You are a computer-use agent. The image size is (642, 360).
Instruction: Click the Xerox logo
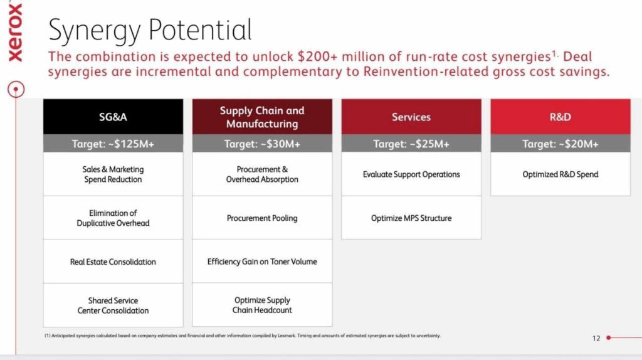[x=15, y=33]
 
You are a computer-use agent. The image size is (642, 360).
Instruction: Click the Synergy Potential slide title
[x=150, y=30]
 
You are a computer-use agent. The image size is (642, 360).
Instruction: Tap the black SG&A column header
[x=113, y=117]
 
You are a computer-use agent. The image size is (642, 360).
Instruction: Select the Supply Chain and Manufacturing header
[x=262, y=117]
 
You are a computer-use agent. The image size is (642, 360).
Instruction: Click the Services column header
[x=411, y=117]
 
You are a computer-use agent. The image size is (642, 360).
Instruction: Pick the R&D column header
[x=560, y=117]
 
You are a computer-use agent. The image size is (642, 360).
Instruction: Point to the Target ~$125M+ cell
[x=113, y=144]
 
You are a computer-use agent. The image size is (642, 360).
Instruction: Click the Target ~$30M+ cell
[x=262, y=144]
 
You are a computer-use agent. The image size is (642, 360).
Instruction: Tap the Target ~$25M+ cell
[x=411, y=144]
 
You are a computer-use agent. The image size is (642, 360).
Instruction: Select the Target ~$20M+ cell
[x=560, y=144]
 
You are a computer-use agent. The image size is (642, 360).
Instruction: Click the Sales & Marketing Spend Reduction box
[x=113, y=174]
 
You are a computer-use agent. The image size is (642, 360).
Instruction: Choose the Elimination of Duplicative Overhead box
[x=113, y=218]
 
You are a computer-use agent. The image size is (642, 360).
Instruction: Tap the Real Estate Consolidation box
[x=113, y=262]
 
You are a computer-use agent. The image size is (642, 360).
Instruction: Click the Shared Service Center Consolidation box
[x=113, y=305]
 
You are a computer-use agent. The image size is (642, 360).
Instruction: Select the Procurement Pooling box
[x=262, y=218]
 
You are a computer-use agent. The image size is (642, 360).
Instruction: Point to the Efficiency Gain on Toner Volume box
[x=262, y=262]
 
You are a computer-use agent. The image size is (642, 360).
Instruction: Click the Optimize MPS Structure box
[x=411, y=218]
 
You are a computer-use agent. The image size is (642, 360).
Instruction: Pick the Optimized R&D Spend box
[x=560, y=174]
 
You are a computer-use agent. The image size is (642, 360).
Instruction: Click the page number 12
[x=596, y=338]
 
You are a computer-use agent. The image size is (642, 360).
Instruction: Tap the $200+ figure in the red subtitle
[x=317, y=56]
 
